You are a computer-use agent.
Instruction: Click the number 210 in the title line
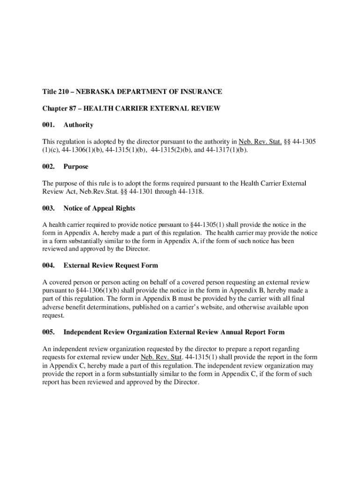65,92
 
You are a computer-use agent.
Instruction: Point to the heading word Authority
78,125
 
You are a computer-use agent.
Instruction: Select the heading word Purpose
76,167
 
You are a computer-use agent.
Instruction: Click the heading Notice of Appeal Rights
99,208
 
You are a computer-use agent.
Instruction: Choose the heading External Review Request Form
110,266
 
